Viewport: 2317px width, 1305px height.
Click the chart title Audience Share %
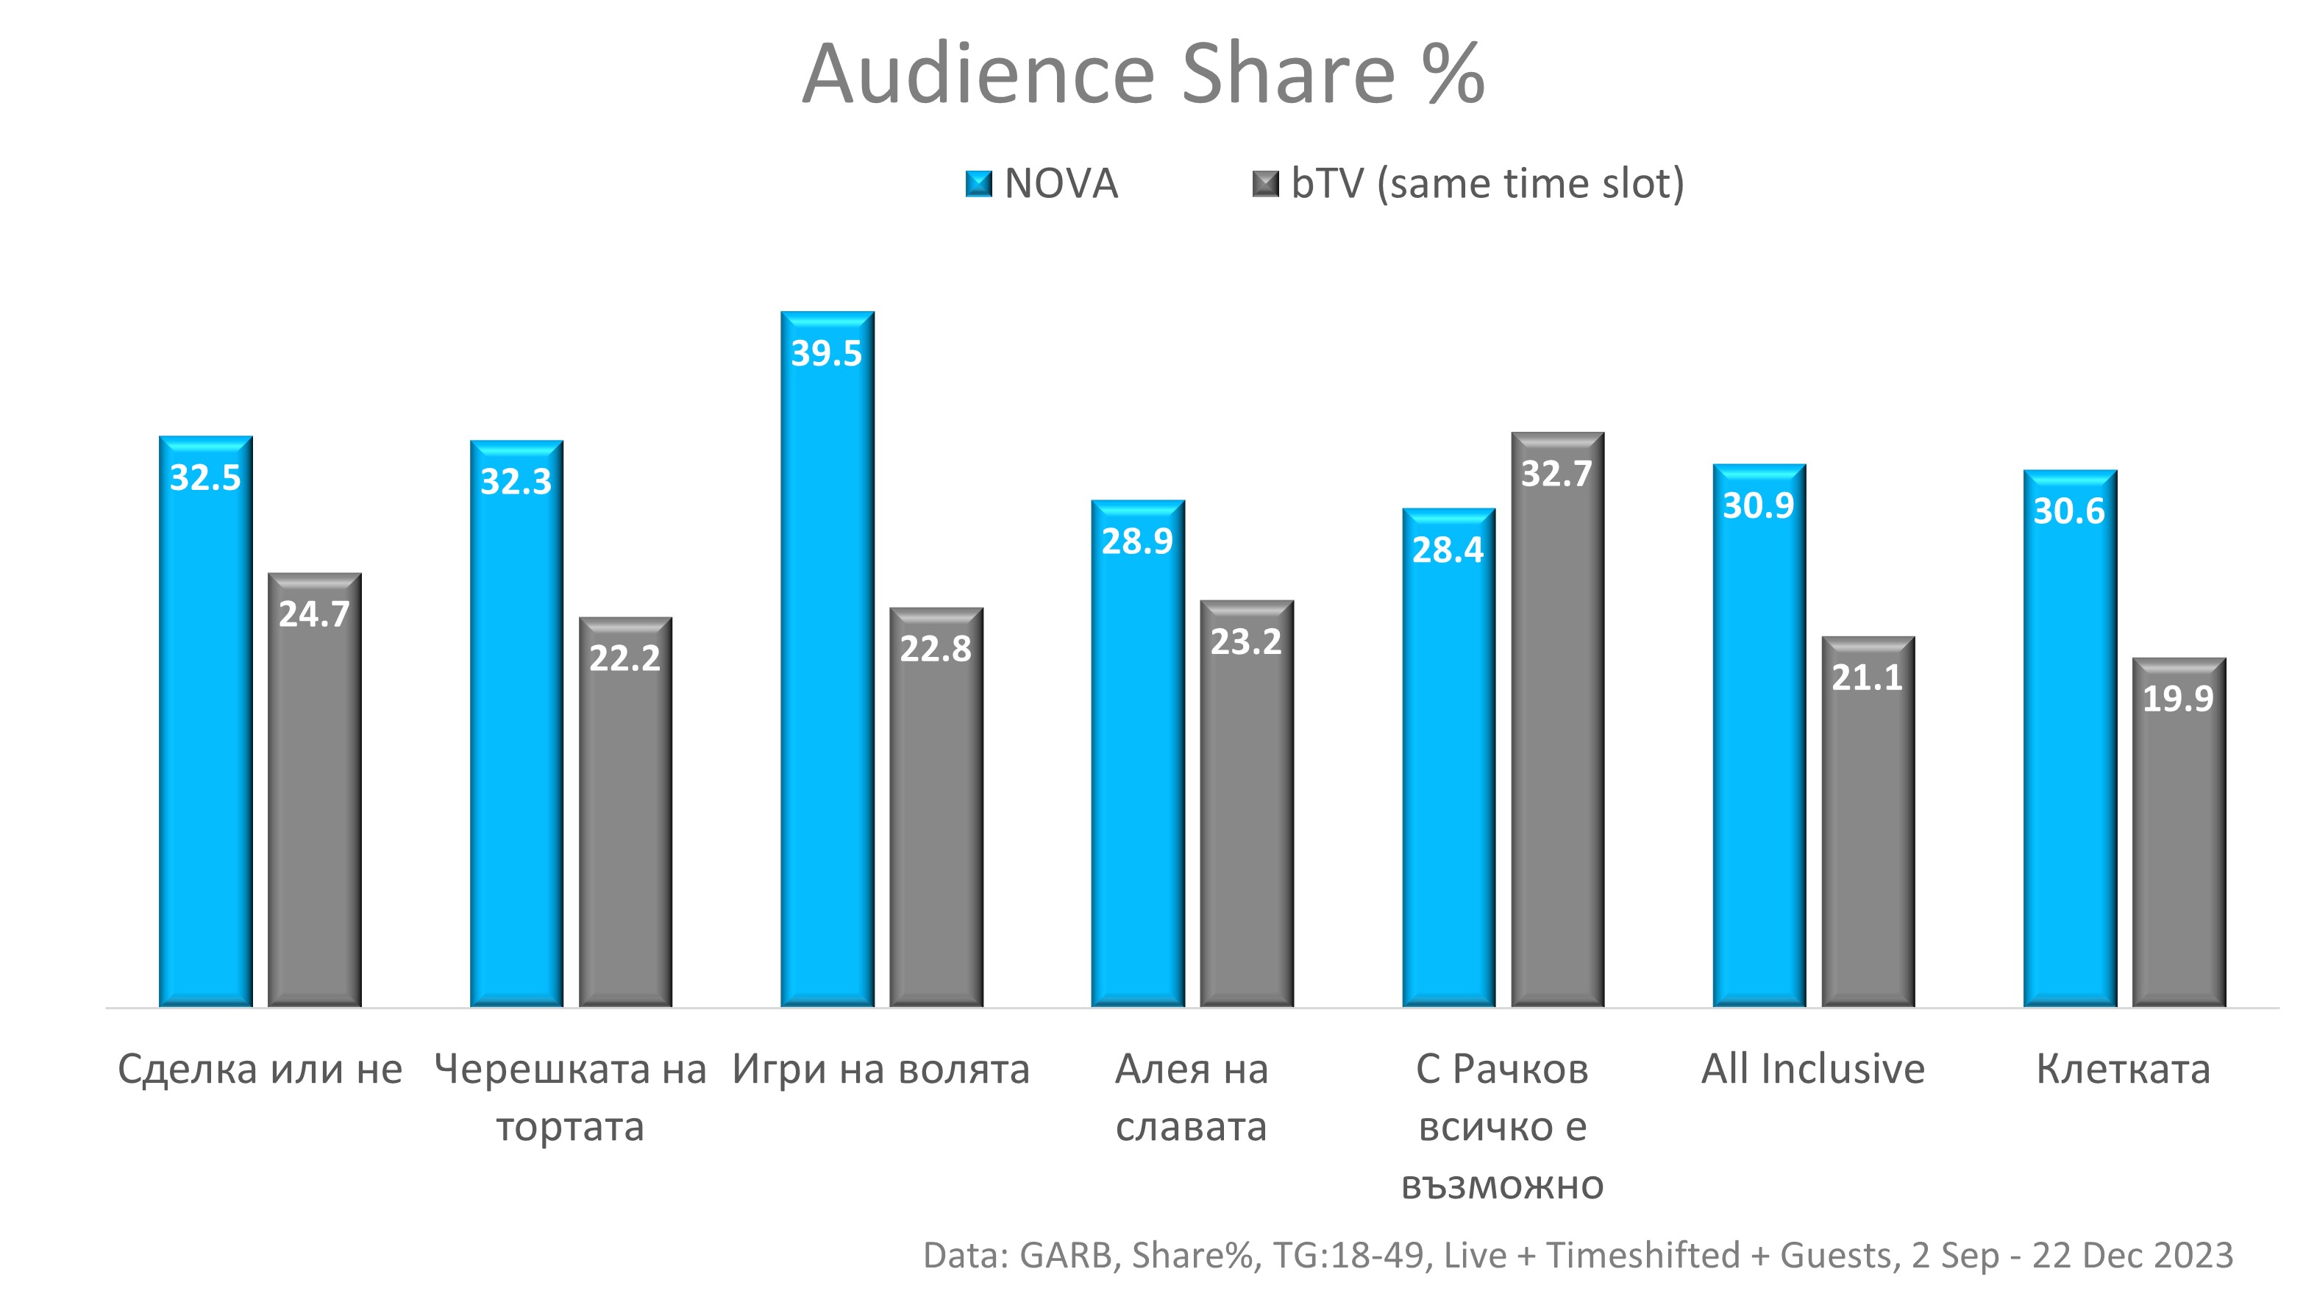click(x=1142, y=74)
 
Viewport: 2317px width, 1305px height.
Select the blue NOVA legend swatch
click(x=978, y=185)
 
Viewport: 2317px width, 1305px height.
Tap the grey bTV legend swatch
click(x=1266, y=185)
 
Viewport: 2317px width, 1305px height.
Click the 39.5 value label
click(x=826, y=353)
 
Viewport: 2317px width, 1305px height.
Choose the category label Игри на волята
click(x=880, y=1070)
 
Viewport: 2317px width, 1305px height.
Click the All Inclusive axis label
click(x=1812, y=1070)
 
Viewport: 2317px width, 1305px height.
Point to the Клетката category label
click(x=2123, y=1070)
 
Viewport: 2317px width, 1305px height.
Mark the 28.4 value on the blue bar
click(x=1448, y=550)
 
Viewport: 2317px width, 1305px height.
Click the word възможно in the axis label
click(x=1502, y=1184)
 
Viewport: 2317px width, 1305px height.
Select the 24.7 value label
click(x=314, y=614)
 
